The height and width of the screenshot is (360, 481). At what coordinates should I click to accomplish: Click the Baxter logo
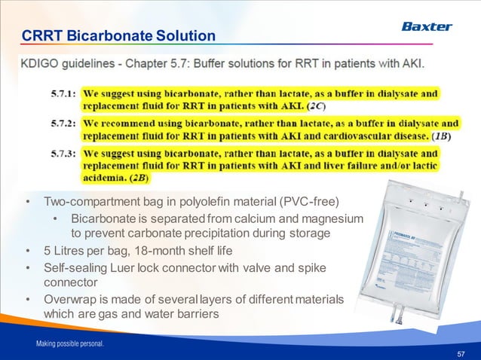(426, 26)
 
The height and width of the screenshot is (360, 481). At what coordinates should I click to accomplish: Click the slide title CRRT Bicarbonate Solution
(118, 36)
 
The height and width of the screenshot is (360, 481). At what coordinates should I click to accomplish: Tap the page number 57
(461, 352)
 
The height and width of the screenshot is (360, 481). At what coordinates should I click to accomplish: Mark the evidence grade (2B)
(139, 178)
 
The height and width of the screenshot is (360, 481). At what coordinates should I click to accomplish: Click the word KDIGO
(42, 65)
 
